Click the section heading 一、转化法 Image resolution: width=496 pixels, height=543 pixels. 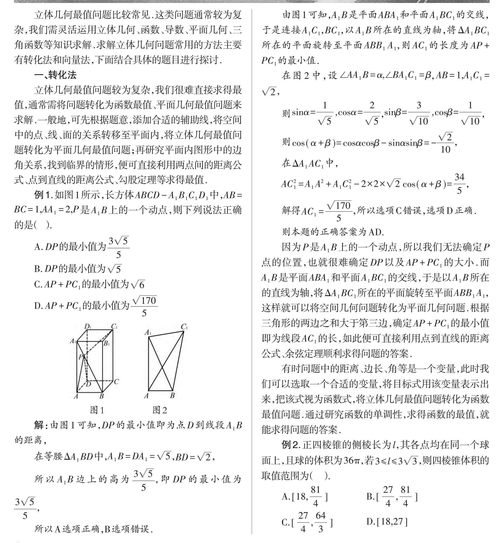pos(55,75)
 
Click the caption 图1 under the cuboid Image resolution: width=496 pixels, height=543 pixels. pos(97,410)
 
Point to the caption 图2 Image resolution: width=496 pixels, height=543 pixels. pos(160,410)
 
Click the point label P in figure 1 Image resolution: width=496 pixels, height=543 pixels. pos(80,357)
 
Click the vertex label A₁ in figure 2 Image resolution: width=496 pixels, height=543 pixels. pos(148,333)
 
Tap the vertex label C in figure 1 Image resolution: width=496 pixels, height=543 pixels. pos(116,381)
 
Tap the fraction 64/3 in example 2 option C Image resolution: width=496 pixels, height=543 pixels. pos(321,522)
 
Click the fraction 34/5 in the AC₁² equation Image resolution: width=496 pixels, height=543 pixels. pos(459,184)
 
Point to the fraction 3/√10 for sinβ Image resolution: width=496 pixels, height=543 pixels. pos(419,113)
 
